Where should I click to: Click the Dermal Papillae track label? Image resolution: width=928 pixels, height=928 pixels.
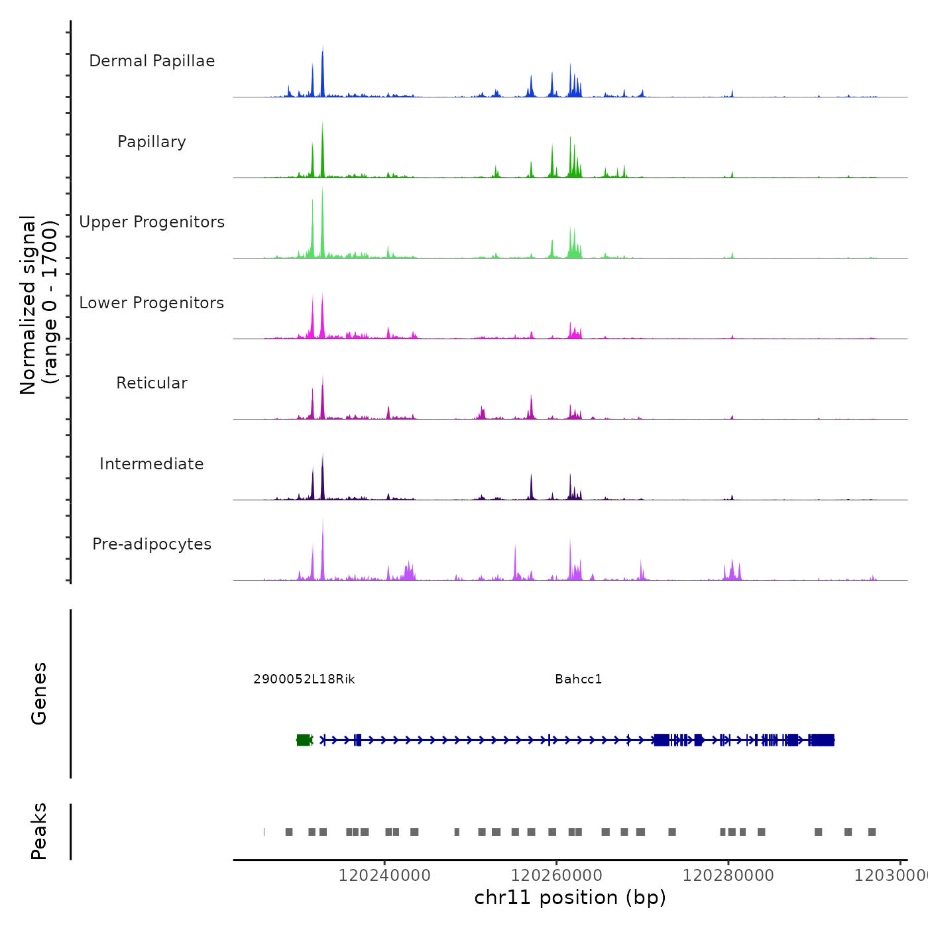[x=152, y=61]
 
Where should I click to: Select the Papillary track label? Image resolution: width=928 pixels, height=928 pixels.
[x=152, y=142]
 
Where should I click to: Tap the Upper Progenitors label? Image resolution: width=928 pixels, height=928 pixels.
[x=152, y=222]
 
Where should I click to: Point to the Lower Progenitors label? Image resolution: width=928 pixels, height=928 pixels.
[x=152, y=303]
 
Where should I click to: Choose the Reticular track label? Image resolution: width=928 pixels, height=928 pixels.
[x=152, y=383]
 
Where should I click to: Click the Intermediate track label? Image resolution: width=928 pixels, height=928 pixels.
[x=152, y=464]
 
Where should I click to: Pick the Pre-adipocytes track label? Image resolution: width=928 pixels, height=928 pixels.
[x=152, y=544]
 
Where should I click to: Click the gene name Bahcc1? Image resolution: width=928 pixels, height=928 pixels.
[x=578, y=679]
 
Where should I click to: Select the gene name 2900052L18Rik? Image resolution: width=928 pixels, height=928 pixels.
[x=304, y=679]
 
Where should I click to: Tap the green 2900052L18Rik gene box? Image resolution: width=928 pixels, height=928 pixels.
[x=304, y=740]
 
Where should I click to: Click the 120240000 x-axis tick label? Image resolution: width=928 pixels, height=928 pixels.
[x=384, y=876]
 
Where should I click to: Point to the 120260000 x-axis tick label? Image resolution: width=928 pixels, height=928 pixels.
[x=556, y=876]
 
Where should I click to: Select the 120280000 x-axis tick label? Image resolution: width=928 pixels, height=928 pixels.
[x=728, y=876]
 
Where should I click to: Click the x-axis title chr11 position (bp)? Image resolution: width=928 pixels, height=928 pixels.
[x=570, y=898]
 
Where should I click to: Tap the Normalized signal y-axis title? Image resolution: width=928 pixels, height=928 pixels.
[x=38, y=305]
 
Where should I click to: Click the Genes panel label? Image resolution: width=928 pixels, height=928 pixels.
[x=39, y=693]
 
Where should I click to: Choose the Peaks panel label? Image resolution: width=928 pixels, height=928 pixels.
[x=39, y=831]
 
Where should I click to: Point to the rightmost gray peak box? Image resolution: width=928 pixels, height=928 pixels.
[x=872, y=832]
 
